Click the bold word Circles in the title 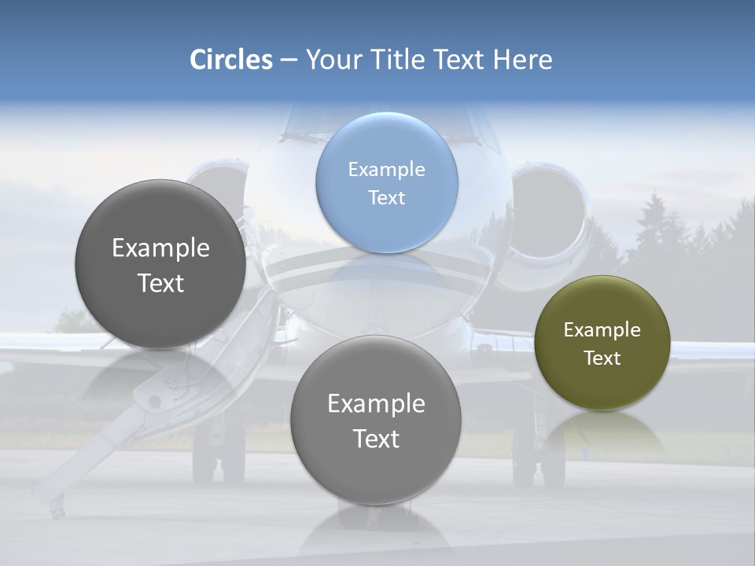pyautogui.click(x=231, y=60)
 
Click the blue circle pyautogui.click(x=386, y=182)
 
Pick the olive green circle pyautogui.click(x=602, y=343)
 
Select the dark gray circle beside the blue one pyautogui.click(x=160, y=264)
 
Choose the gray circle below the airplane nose pyautogui.click(x=376, y=420)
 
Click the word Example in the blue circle pyautogui.click(x=386, y=169)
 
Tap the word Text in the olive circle pyautogui.click(x=602, y=358)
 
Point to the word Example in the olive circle pyautogui.click(x=602, y=329)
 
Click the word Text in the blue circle pyautogui.click(x=386, y=197)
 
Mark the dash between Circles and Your pyautogui.click(x=289, y=61)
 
